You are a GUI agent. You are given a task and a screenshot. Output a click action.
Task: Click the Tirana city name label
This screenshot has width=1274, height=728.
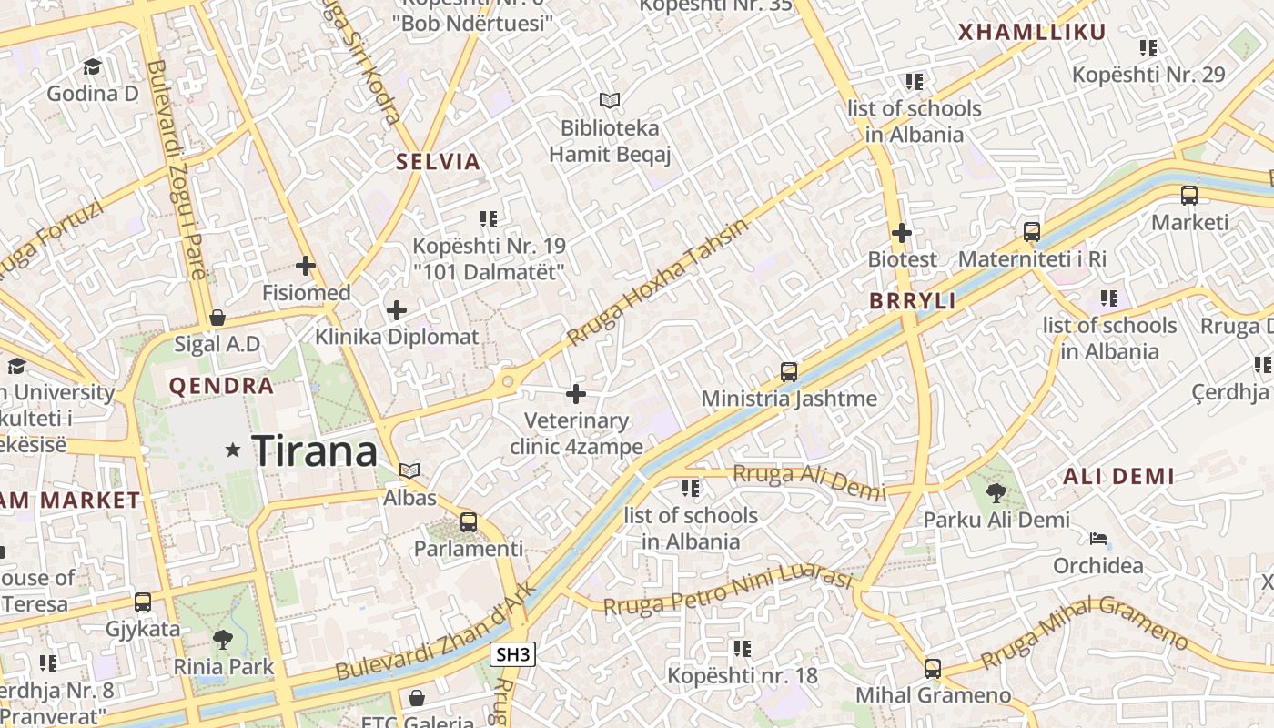click(x=314, y=450)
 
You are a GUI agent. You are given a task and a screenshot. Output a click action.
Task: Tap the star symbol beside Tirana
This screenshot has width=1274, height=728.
click(x=233, y=450)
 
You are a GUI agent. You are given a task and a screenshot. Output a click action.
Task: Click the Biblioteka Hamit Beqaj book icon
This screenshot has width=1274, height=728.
click(x=609, y=100)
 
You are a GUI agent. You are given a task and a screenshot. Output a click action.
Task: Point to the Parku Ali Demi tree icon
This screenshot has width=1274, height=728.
click(x=996, y=493)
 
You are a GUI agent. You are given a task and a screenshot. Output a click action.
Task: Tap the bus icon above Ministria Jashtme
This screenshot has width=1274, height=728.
click(x=788, y=371)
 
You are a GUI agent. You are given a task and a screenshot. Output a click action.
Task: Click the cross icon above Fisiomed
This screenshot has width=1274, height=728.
click(x=306, y=266)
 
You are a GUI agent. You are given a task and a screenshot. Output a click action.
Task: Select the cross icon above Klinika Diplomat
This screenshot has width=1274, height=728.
click(x=396, y=309)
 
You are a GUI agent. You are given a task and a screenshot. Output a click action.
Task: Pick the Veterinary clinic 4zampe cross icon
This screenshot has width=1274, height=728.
click(x=575, y=394)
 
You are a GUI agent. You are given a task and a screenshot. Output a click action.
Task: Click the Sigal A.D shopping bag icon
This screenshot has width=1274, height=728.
click(x=217, y=318)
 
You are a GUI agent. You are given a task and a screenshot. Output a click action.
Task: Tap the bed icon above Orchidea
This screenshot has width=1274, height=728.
click(x=1098, y=539)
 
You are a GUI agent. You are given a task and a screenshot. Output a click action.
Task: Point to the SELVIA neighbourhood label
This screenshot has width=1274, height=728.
click(x=438, y=162)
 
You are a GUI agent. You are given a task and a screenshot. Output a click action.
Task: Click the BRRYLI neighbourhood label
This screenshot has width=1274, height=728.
click(x=913, y=301)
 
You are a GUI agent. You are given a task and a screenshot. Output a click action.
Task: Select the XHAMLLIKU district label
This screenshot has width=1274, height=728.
click(x=1032, y=33)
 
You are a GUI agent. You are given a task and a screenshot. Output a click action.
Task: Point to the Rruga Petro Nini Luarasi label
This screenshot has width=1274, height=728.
click(x=728, y=592)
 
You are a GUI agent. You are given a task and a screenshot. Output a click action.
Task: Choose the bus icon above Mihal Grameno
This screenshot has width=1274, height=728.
click(x=932, y=668)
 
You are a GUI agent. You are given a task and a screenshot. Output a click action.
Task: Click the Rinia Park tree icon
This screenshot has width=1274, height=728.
click(x=222, y=639)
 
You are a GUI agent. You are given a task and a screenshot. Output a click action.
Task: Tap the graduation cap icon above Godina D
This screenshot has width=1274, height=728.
click(x=92, y=66)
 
